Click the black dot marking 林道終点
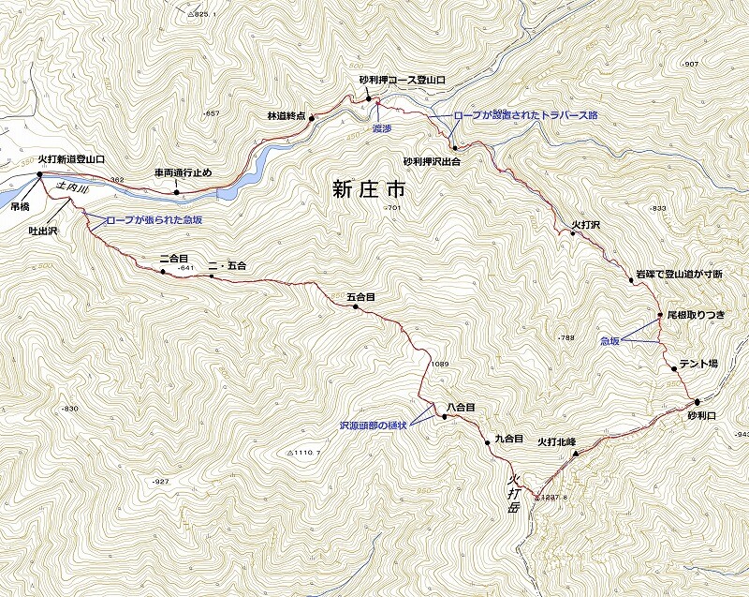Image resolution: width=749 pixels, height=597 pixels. [312, 119]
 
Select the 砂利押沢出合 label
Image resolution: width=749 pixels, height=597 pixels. [433, 161]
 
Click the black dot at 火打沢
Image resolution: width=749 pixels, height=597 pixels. [573, 233]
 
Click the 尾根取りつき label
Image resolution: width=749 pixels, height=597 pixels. [696, 316]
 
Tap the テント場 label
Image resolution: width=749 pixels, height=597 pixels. [698, 364]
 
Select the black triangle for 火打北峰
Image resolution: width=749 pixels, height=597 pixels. [575, 453]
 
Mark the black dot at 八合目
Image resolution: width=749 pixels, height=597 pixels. [443, 415]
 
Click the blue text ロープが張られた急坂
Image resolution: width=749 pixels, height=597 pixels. [154, 218]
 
